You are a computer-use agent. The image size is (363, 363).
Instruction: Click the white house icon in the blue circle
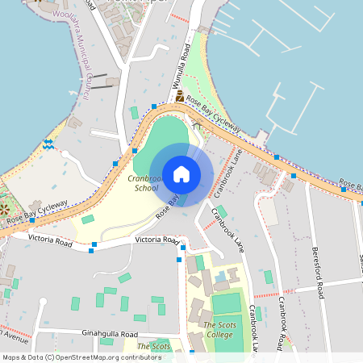[x=181, y=173]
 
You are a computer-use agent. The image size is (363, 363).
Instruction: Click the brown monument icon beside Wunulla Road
[x=179, y=96]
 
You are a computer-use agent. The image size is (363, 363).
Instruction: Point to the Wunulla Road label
[x=179, y=72]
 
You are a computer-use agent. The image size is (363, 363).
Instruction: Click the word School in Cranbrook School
[x=146, y=188]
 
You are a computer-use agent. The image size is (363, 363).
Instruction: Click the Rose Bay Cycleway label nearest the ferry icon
[x=37, y=213]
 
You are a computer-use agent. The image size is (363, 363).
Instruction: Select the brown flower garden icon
[x=4, y=209]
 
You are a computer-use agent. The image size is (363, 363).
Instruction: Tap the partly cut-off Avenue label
[x=14, y=332]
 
